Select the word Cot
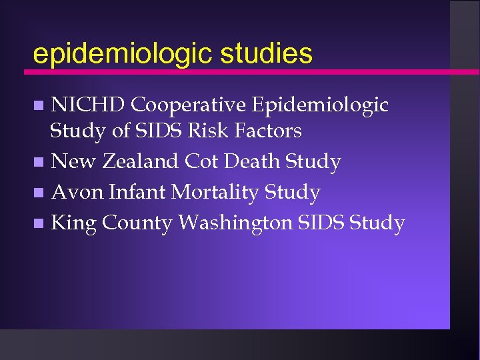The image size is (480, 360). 202,161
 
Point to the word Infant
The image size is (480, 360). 137,193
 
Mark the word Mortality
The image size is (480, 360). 215,193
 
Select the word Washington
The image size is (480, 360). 235,223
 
